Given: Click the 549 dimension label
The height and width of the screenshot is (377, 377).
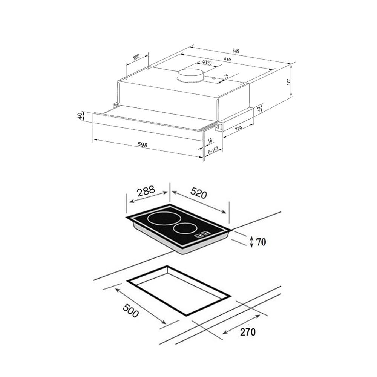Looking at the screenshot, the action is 236,51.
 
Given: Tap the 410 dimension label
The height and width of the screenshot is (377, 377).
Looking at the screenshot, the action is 227,59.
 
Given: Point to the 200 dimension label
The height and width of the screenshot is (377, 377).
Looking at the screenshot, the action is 136,57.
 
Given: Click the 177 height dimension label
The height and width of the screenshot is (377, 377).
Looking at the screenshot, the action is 289,82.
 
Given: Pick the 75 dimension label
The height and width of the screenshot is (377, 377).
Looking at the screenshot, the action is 226,77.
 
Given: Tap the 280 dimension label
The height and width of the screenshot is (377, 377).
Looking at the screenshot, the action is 238,128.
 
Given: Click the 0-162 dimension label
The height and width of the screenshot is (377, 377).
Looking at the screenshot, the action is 213,150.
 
